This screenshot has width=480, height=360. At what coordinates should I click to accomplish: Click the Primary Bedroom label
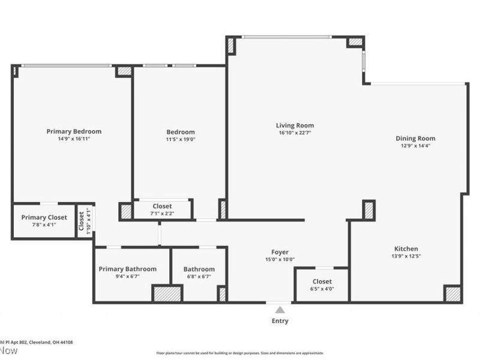tap(74, 131)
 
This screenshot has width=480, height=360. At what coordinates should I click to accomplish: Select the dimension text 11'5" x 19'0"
tap(180, 139)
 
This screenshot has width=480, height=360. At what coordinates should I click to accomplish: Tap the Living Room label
tap(295, 125)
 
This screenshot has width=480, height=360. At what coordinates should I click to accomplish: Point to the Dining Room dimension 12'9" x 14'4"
tap(415, 145)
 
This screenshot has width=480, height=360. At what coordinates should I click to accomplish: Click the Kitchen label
tap(406, 248)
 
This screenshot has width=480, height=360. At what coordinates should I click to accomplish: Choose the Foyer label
tap(280, 252)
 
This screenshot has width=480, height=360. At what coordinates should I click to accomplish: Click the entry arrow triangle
tap(280, 310)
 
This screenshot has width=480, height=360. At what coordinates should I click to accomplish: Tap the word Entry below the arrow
tap(280, 321)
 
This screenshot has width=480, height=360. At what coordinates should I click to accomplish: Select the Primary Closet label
tap(44, 217)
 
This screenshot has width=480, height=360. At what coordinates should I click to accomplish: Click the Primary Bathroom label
tap(127, 269)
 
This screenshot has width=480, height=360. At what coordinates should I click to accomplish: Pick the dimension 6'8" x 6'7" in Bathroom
tap(199, 277)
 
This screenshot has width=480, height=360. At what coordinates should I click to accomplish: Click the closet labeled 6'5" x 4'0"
tap(322, 284)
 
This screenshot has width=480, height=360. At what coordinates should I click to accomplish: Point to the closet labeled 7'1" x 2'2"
tap(162, 209)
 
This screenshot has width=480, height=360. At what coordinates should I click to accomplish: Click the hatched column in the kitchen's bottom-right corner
tap(452, 293)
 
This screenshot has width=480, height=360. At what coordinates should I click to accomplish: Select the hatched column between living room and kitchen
tap(368, 209)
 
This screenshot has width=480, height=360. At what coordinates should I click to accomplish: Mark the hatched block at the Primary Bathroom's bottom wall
tap(167, 293)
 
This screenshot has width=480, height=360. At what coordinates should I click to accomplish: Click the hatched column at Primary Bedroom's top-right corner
tap(124, 71)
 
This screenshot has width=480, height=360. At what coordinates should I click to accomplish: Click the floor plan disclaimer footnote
tap(239, 353)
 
